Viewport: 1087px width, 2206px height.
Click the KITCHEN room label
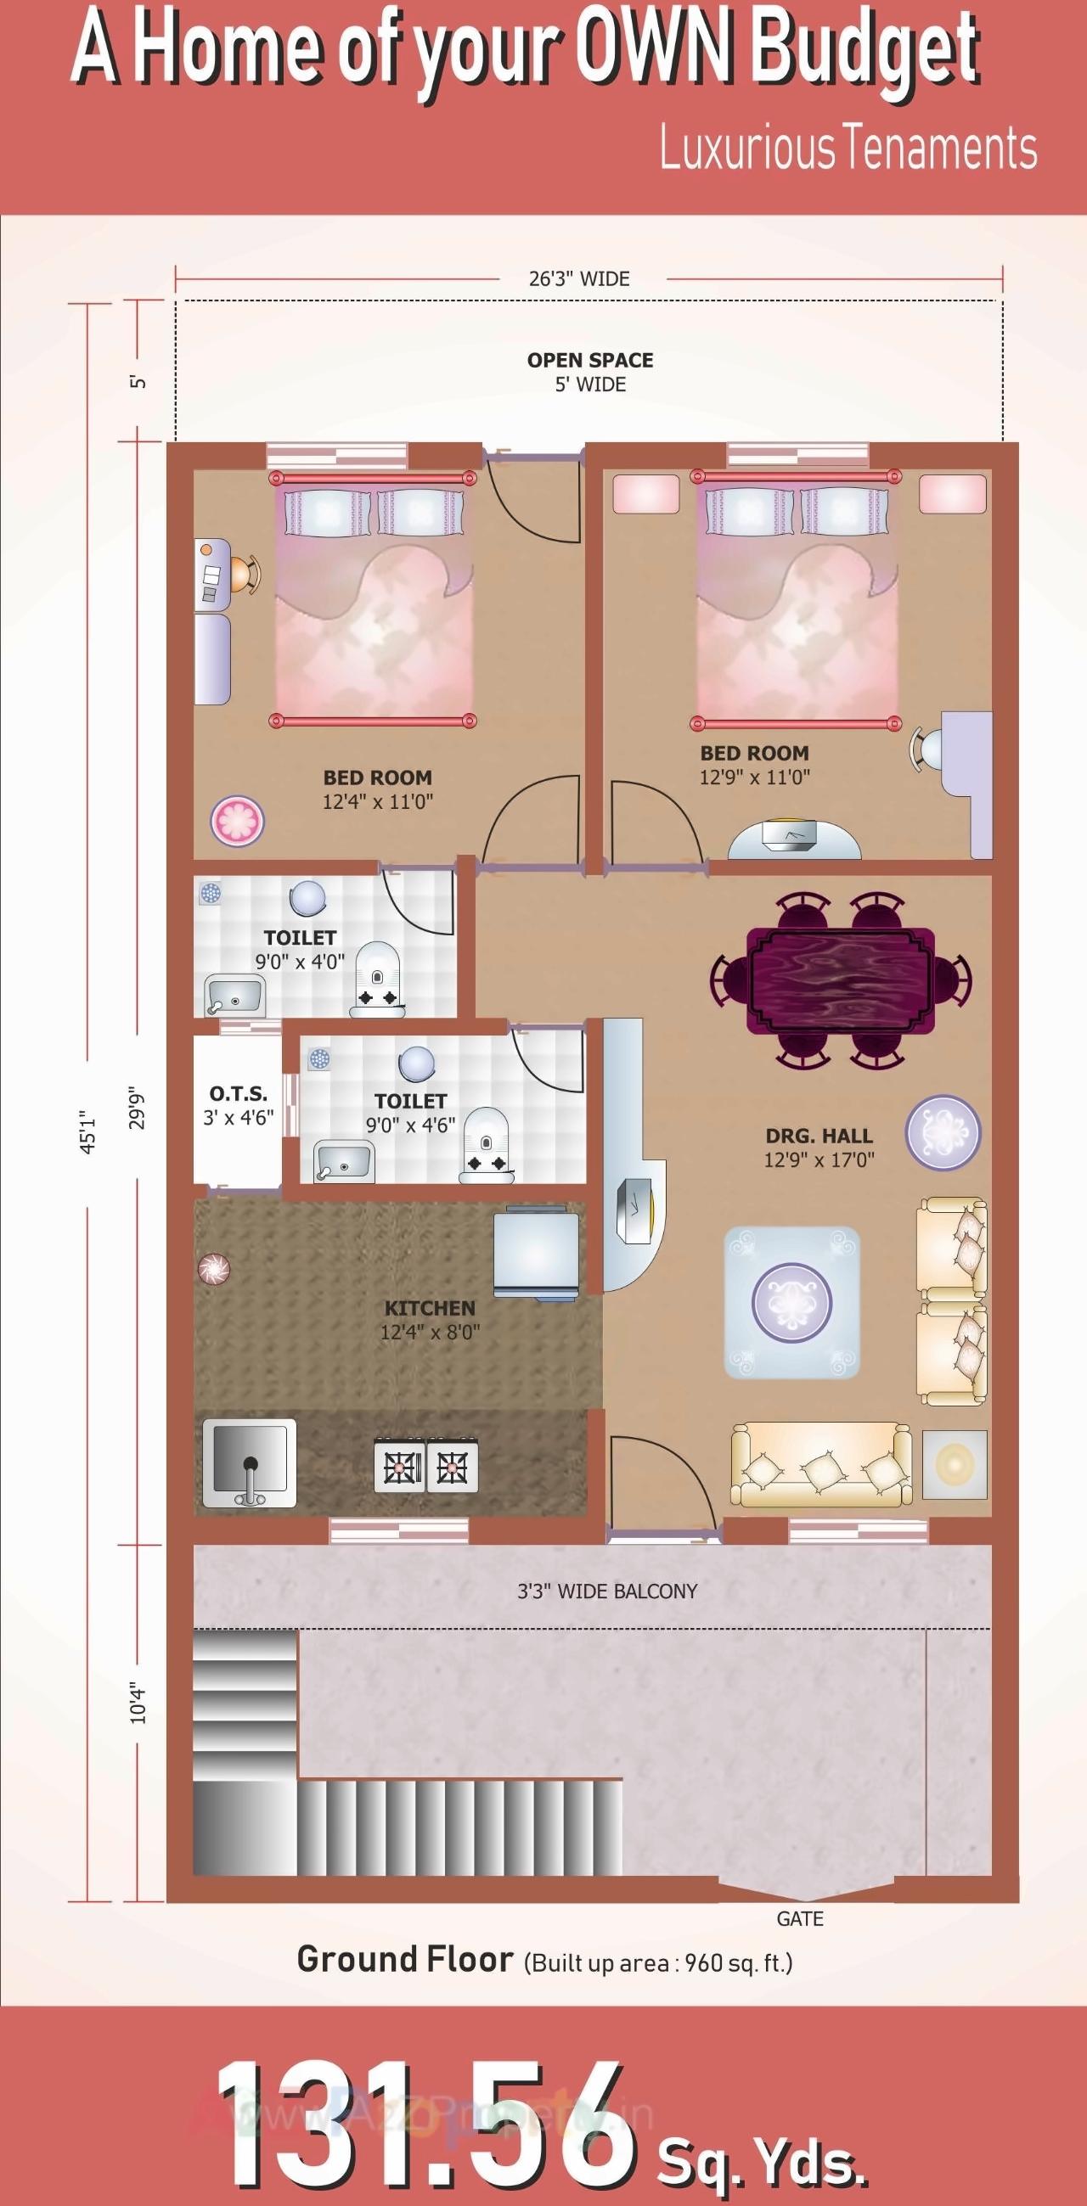click(429, 1308)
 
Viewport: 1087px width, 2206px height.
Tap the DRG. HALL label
click(819, 1136)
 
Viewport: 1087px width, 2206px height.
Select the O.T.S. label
click(238, 1093)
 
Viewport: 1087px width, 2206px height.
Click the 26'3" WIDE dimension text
click(579, 278)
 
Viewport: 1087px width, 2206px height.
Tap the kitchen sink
click(250, 1462)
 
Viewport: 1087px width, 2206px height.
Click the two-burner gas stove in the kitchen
click(425, 1467)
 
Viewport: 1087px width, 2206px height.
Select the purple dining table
click(839, 980)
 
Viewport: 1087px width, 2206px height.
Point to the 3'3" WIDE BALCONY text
click(606, 1591)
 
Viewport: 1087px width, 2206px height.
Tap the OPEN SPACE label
click(589, 360)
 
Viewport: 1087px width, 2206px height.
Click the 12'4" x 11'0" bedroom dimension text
click(378, 801)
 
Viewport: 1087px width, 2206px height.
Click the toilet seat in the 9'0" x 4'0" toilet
click(378, 980)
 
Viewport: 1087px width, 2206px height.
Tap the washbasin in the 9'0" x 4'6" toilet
click(342, 1161)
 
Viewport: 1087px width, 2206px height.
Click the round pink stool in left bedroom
click(237, 821)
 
